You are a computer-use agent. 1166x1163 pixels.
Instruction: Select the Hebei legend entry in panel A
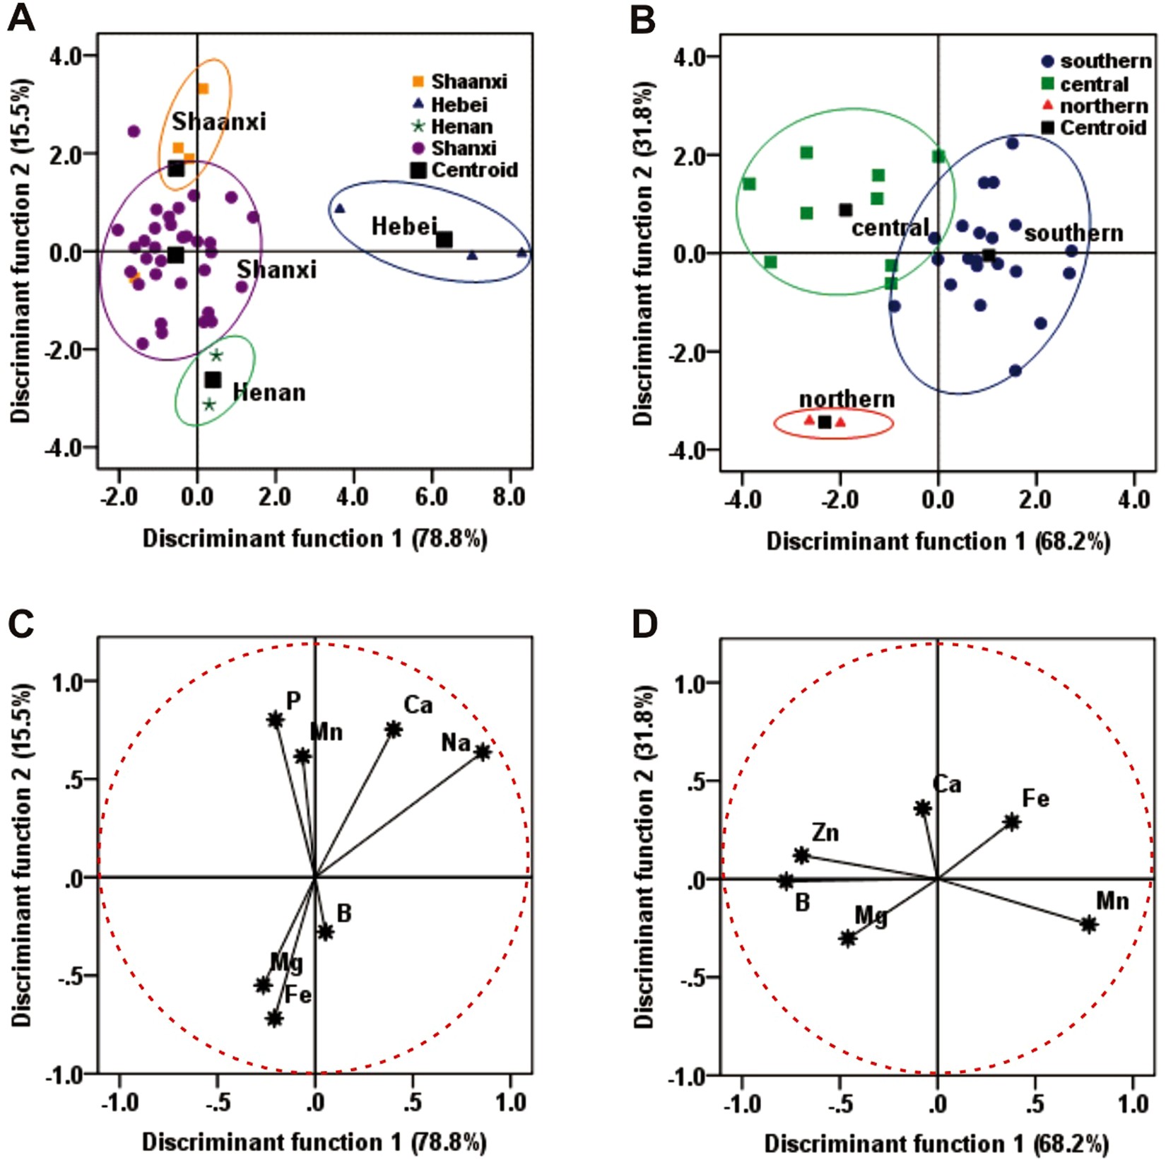pos(459,105)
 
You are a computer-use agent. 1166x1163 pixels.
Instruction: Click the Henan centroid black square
pos(213,380)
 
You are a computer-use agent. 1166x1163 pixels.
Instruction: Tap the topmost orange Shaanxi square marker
pos(203,88)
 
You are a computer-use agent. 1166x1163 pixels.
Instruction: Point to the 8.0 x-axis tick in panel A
pos(509,497)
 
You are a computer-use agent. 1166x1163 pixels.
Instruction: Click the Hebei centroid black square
pos(444,240)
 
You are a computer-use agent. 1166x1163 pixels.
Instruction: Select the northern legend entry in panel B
pos(1103,106)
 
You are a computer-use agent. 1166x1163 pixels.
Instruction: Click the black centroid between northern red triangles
pos(825,422)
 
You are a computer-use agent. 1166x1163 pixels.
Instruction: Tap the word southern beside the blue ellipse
pos(1073,233)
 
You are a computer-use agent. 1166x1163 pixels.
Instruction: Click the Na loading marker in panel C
pos(483,752)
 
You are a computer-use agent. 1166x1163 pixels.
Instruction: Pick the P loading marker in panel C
pos(276,720)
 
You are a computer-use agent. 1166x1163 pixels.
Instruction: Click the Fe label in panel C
pos(298,995)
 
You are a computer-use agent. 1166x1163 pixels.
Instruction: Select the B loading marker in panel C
pos(325,932)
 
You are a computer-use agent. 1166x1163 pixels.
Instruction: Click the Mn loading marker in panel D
pos(1088,924)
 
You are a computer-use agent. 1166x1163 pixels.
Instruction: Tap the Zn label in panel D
pos(825,833)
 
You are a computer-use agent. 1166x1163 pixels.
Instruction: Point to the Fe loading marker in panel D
pos(1012,822)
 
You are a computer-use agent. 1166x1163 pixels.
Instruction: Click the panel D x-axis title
pos(936,1143)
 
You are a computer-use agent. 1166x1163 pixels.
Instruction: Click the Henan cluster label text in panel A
pos(269,392)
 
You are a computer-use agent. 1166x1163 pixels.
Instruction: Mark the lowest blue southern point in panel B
pos(1015,370)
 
